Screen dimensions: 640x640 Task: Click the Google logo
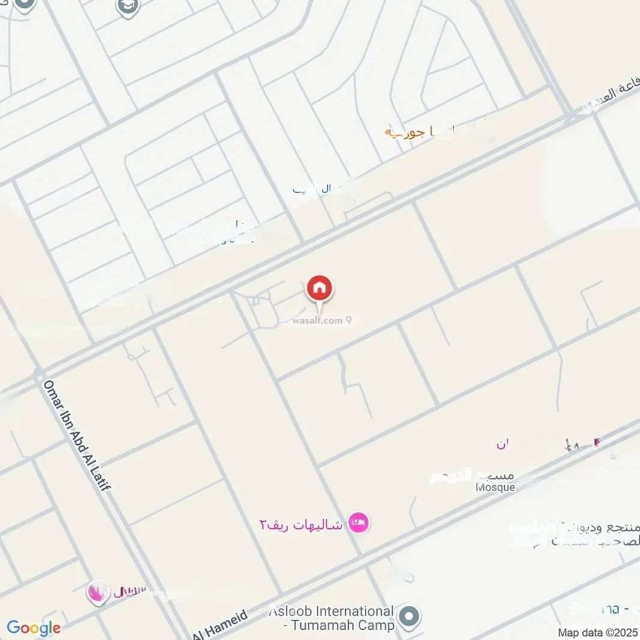coord(34,628)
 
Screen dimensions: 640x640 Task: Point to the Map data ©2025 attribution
coord(597,632)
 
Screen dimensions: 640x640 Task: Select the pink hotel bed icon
coord(359,522)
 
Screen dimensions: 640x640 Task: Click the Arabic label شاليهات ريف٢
coord(301,524)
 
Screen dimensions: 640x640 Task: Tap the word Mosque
coord(495,488)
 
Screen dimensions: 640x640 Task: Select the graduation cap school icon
coord(128,7)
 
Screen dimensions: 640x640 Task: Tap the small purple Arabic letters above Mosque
coord(502,445)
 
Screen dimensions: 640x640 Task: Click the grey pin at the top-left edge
coord(25,4)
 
